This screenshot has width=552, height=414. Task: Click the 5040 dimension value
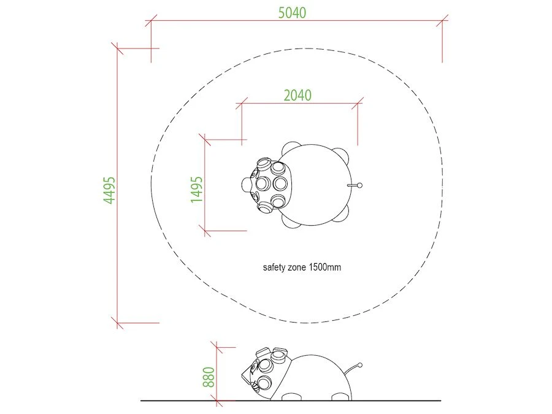tap(292, 13)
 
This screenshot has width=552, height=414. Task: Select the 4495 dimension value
tap(109, 191)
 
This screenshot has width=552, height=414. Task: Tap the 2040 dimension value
tap(297, 95)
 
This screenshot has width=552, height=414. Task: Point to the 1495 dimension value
tap(196, 190)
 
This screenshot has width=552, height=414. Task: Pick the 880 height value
tap(209, 377)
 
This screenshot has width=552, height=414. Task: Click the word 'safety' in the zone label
tap(274, 267)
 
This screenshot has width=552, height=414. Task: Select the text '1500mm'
tap(325, 267)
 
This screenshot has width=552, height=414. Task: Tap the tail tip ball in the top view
tap(359, 185)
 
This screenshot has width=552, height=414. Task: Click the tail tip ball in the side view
tap(360, 365)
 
